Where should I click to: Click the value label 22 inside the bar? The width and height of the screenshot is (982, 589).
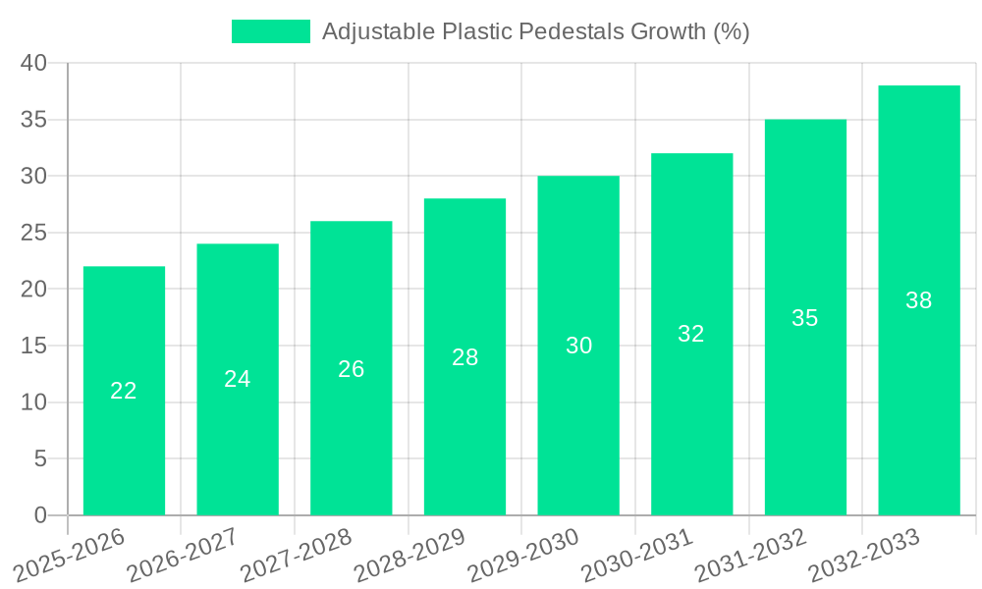pyautogui.click(x=124, y=391)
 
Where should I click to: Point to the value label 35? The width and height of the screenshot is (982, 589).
pyautogui.click(x=804, y=318)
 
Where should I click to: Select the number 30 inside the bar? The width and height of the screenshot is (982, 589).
pyautogui.click(x=578, y=346)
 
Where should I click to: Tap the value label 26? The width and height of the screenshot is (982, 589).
pyautogui.click(x=351, y=369)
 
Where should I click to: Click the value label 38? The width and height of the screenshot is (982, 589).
pyautogui.click(x=918, y=300)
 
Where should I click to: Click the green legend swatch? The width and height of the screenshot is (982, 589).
pyautogui.click(x=270, y=31)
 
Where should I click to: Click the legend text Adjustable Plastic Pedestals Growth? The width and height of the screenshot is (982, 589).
pyautogui.click(x=535, y=31)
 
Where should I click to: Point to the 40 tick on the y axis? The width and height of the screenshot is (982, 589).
pyautogui.click(x=33, y=63)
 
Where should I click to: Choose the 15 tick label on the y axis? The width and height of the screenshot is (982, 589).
pyautogui.click(x=33, y=346)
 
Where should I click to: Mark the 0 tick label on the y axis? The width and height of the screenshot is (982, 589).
pyautogui.click(x=40, y=515)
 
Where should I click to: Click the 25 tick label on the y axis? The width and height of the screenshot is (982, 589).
pyautogui.click(x=33, y=233)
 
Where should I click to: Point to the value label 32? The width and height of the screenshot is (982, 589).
pyautogui.click(x=691, y=334)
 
